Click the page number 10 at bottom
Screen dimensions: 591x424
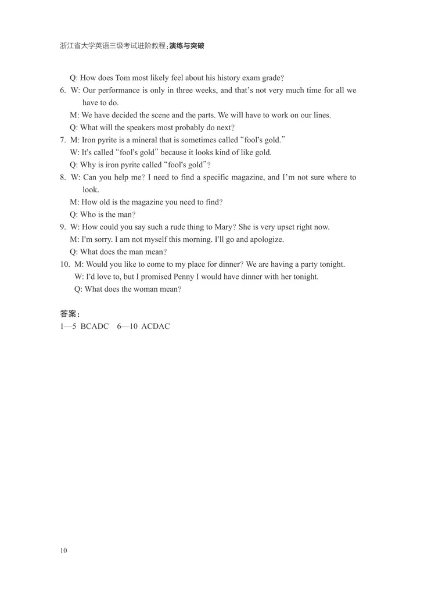[63, 550]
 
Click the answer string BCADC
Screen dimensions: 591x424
[95, 326]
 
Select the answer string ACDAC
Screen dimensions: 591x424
[156, 326]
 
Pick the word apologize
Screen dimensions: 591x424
[266, 239]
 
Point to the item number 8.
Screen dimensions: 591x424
[63, 177]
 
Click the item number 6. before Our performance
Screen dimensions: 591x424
[63, 90]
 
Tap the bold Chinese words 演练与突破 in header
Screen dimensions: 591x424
[187, 45]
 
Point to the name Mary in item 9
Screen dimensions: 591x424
[220, 227]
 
